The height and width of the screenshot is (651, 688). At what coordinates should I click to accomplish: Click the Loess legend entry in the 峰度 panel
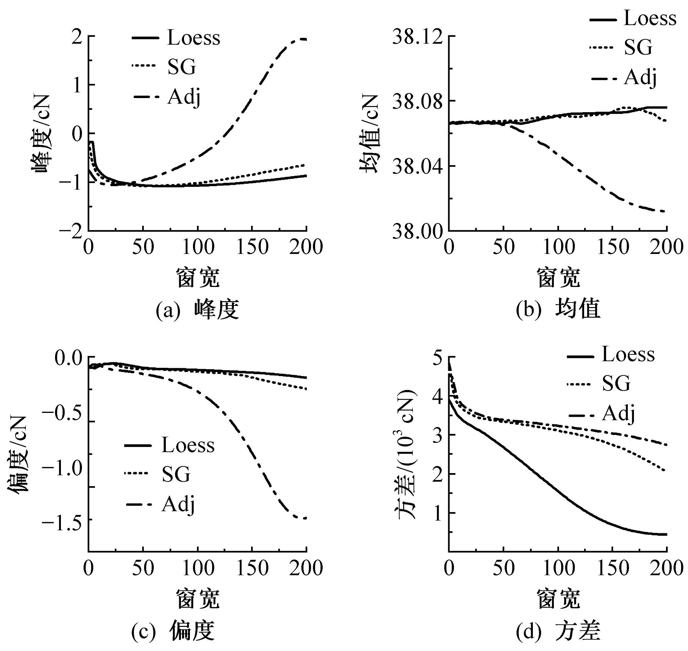193,38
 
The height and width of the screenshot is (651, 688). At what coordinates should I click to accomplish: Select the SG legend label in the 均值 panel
638,47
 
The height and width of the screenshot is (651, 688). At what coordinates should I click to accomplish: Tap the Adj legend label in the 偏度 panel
178,504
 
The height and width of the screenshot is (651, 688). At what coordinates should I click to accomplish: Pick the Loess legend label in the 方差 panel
628,355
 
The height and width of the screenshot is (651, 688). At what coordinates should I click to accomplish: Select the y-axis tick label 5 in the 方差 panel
438,357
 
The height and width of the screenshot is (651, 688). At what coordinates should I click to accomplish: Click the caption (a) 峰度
197,310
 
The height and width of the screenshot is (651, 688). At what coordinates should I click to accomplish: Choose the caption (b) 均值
558,310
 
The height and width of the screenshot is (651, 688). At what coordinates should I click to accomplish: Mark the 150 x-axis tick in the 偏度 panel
252,568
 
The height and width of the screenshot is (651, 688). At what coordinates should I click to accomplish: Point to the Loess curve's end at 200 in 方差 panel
666,534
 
